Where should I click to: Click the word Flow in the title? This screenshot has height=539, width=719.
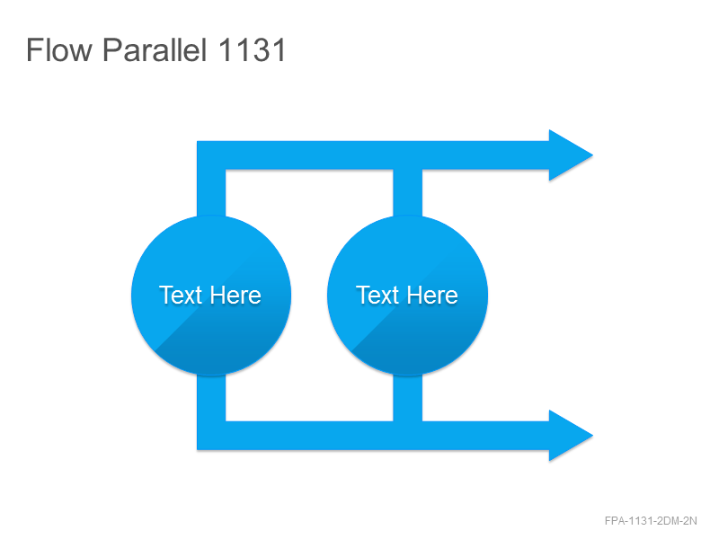pyautogui.click(x=59, y=49)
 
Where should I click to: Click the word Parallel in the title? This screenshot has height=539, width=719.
pyautogui.click(x=155, y=50)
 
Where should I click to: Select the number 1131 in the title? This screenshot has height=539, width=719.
pyautogui.click(x=253, y=49)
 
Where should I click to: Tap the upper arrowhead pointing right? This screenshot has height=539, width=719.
pyautogui.click(x=571, y=155)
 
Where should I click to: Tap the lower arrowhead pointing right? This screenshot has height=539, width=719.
pyautogui.click(x=571, y=436)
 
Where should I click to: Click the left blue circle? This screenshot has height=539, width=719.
pyautogui.click(x=211, y=296)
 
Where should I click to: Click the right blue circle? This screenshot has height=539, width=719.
pyautogui.click(x=408, y=296)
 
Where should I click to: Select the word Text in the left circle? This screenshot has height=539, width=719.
pyautogui.click(x=181, y=296)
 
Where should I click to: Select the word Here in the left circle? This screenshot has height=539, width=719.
pyautogui.click(x=236, y=296)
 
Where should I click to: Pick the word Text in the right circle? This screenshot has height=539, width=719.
pyautogui.click(x=377, y=296)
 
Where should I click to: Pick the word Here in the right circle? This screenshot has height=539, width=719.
pyautogui.click(x=433, y=296)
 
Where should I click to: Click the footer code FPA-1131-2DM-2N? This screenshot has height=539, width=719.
pyautogui.click(x=651, y=521)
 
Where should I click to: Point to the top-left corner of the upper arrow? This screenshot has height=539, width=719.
pyautogui.click(x=197, y=141)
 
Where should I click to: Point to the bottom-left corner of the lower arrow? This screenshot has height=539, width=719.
pyautogui.click(x=197, y=450)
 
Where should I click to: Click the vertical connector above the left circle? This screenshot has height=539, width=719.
pyautogui.click(x=211, y=192)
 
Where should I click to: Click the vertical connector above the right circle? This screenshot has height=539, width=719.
pyautogui.click(x=408, y=192)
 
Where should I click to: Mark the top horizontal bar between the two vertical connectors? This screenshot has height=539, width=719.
pyautogui.click(x=309, y=155)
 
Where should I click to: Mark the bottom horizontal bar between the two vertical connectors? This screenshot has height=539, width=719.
pyautogui.click(x=309, y=436)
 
